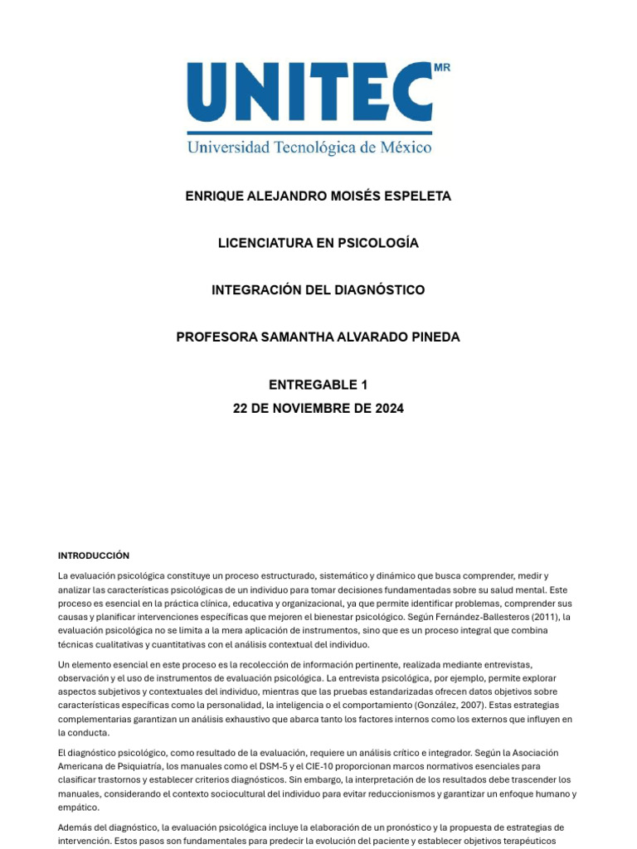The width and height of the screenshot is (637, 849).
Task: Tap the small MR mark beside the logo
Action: (442, 68)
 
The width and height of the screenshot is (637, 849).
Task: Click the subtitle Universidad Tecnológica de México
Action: (309, 148)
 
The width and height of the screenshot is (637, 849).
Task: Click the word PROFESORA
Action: (214, 337)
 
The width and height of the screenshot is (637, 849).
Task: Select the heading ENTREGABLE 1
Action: (318, 385)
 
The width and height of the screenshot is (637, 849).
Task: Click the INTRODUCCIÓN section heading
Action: (94, 555)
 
